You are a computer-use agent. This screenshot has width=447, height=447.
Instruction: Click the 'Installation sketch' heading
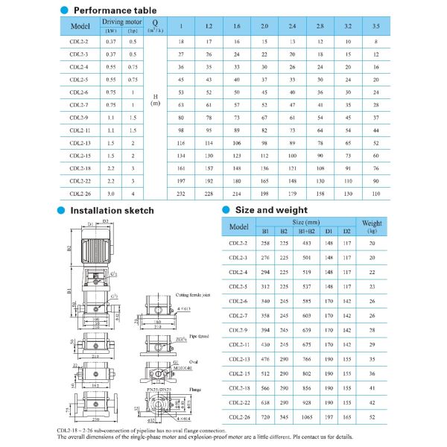[112, 210]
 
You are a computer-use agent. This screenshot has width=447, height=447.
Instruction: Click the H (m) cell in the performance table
[155, 100]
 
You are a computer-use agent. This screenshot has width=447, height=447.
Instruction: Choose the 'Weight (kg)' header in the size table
[372, 226]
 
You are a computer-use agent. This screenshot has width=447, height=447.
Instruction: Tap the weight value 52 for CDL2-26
[372, 416]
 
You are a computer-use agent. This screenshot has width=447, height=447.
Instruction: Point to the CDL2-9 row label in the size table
[239, 330]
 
